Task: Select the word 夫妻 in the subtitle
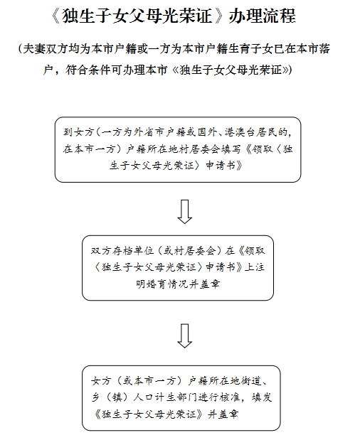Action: point(34,49)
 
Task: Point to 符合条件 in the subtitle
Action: point(88,70)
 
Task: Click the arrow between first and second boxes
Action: point(185,211)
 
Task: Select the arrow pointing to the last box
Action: point(185,336)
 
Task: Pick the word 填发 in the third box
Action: point(262,397)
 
